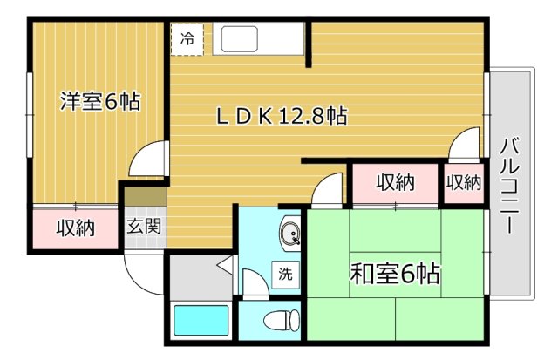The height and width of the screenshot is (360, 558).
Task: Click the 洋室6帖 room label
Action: (100, 101)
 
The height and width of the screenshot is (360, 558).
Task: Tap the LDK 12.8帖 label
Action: (282, 116)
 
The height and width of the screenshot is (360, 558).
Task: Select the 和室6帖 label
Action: (395, 274)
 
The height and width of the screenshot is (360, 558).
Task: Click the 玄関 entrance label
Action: (145, 226)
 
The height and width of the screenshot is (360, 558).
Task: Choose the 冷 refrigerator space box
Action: (187, 39)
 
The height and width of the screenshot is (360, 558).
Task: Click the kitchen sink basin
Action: (240, 39)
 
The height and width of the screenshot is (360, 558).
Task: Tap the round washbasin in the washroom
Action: (290, 234)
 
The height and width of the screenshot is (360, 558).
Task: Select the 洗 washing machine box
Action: (285, 275)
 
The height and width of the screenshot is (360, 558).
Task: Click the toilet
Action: (282, 320)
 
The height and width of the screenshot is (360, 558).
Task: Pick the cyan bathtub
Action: (201, 320)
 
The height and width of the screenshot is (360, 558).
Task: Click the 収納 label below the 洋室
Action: (76, 228)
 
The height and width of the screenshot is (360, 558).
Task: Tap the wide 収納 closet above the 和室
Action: (395, 183)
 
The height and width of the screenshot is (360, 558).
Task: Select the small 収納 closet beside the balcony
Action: (464, 183)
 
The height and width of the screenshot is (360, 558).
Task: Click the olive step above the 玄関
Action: (146, 196)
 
